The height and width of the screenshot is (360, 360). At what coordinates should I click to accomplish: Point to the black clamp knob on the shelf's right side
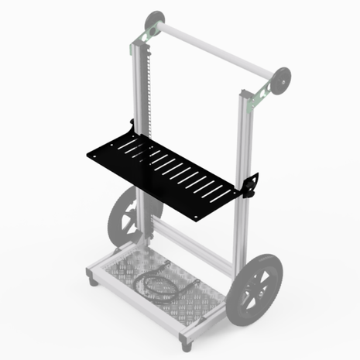pyautogui.click(x=252, y=187)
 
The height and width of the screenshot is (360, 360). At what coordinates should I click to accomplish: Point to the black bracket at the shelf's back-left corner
pyautogui.click(x=134, y=127)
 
